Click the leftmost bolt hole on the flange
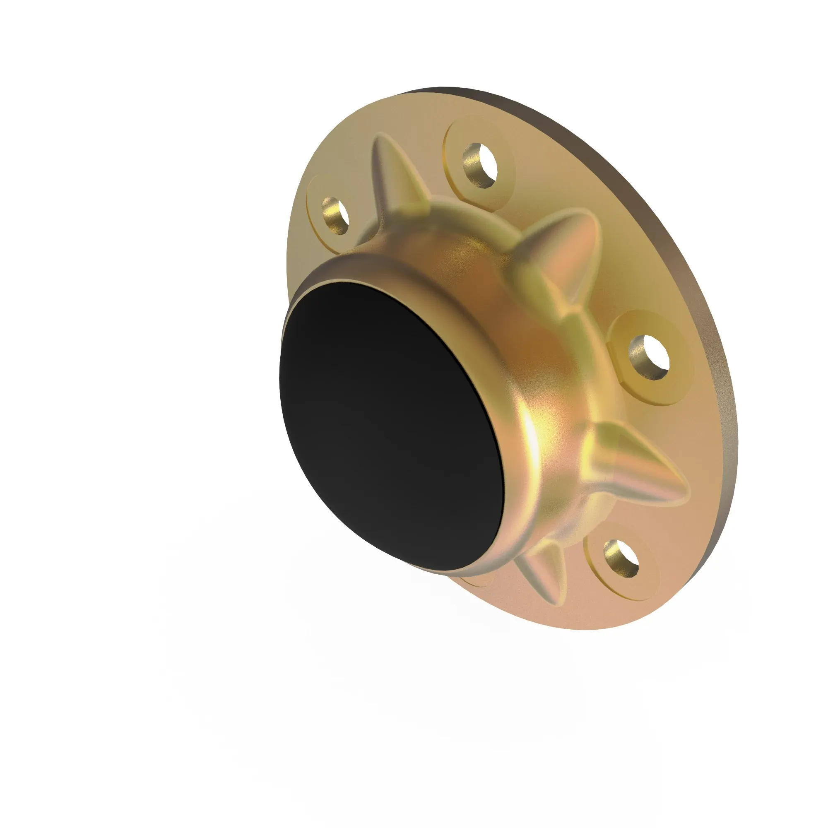[x=336, y=216]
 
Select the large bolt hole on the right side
[x=649, y=357]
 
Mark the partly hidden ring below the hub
[x=476, y=582]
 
